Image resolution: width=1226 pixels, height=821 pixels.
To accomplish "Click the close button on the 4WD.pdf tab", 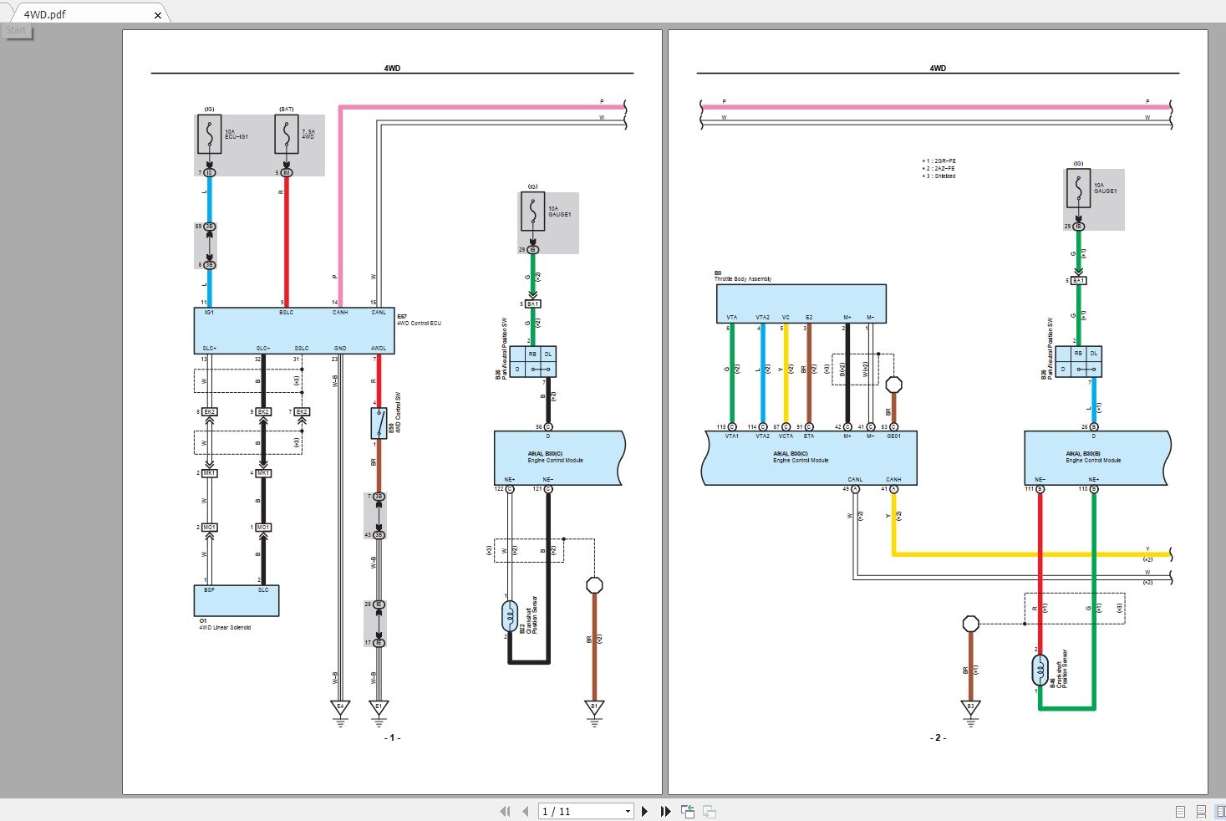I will (x=158, y=15).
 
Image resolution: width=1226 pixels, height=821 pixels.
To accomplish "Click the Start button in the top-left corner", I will (x=17, y=31).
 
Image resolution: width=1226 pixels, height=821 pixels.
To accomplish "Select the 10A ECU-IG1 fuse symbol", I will (x=209, y=135).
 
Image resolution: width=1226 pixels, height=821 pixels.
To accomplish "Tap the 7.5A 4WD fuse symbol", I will (x=287, y=135).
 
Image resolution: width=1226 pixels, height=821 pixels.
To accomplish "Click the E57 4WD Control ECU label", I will (x=419, y=320).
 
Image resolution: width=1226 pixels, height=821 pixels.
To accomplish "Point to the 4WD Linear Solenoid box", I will (x=237, y=600).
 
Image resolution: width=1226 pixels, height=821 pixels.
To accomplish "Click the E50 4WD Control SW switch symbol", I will (x=379, y=423).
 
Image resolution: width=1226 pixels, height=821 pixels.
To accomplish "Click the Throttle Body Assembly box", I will (x=801, y=303).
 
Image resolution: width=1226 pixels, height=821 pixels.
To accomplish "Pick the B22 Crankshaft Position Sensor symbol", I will (x=510, y=617).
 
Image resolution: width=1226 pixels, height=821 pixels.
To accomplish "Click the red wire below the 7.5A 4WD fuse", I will (x=287, y=242).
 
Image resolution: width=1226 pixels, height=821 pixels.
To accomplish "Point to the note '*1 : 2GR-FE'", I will (x=939, y=161).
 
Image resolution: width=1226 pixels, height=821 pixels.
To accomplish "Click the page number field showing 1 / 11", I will (x=584, y=811).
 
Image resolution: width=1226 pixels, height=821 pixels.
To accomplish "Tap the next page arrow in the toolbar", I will (x=644, y=811).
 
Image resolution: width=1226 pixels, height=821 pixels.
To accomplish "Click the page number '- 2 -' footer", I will (x=938, y=738).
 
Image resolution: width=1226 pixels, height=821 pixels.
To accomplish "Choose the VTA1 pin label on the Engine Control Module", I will (x=732, y=436).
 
